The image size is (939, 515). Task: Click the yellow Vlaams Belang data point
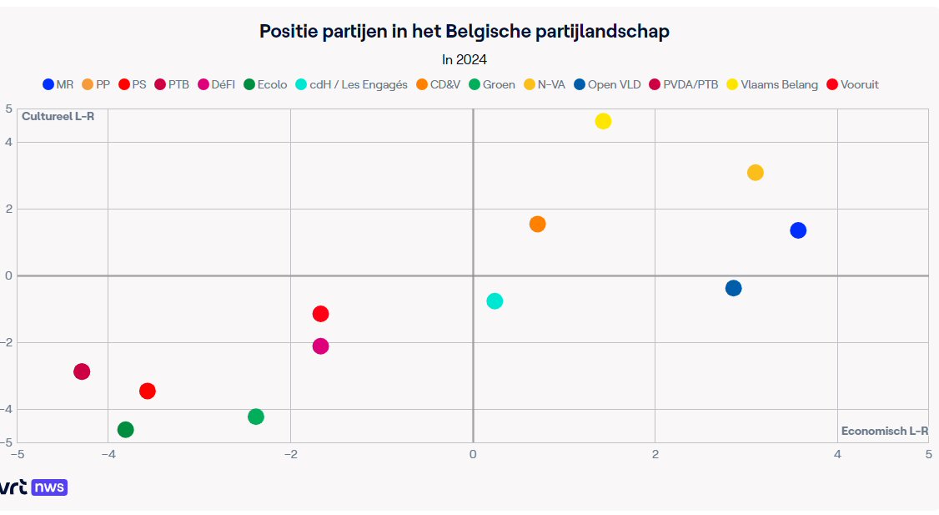(x=603, y=121)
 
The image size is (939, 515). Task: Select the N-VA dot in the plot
(x=756, y=173)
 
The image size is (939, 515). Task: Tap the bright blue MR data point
(x=798, y=230)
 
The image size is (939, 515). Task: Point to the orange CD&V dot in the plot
(x=538, y=225)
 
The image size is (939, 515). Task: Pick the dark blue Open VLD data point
(x=734, y=288)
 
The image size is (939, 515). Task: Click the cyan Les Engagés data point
(x=495, y=300)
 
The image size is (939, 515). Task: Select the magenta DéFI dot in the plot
(x=320, y=346)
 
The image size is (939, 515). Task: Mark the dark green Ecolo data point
(x=126, y=430)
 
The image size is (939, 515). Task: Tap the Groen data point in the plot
(x=256, y=417)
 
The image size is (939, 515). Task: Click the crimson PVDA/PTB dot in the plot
(x=82, y=371)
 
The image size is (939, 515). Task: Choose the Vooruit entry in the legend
(x=853, y=84)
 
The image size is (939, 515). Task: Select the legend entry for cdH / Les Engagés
(x=352, y=84)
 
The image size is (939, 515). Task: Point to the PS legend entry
(x=133, y=84)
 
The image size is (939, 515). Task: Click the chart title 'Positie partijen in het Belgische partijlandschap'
(x=464, y=32)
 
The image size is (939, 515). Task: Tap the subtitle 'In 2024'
(x=464, y=59)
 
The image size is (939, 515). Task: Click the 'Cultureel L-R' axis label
(x=58, y=116)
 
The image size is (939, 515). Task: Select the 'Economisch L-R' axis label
(x=884, y=431)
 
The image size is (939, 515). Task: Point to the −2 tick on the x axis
(x=291, y=454)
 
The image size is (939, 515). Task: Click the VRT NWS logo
(x=33, y=487)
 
